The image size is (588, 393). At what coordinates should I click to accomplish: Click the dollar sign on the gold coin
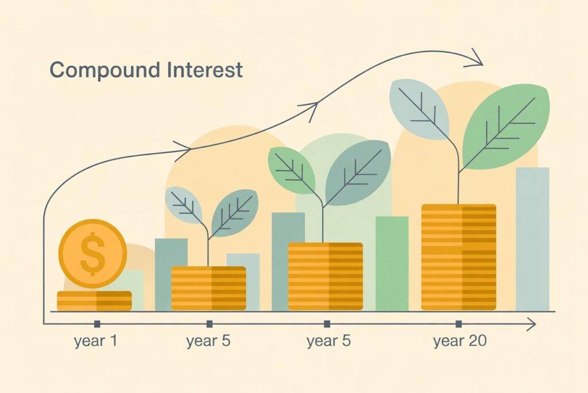click(92, 254)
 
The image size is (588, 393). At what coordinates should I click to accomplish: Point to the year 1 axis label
click(96, 341)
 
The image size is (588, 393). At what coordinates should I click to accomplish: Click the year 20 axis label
click(460, 341)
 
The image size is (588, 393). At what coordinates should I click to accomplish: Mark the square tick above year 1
click(97, 324)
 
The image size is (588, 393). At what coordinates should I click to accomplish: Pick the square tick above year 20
click(458, 324)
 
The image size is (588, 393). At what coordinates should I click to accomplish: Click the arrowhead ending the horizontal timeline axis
click(531, 324)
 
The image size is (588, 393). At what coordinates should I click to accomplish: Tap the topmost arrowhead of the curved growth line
click(474, 58)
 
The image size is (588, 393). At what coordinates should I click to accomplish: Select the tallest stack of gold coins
click(459, 257)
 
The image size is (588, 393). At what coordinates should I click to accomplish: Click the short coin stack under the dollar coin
click(94, 301)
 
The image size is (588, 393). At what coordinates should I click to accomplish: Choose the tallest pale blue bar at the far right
click(532, 239)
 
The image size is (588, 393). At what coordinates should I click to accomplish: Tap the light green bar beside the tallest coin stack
click(392, 264)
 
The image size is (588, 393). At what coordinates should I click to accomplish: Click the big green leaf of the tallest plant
click(506, 127)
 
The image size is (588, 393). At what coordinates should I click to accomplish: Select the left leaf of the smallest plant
click(184, 205)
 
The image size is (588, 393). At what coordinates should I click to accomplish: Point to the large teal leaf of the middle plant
click(358, 173)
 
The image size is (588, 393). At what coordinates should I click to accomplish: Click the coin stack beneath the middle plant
click(325, 276)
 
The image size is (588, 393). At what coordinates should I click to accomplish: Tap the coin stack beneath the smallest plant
click(208, 288)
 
